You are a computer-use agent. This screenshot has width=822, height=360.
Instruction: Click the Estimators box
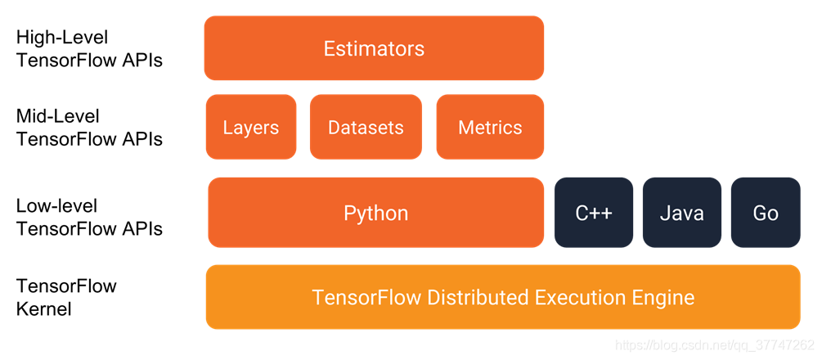tap(374, 48)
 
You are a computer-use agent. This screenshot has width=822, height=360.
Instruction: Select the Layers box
tap(250, 128)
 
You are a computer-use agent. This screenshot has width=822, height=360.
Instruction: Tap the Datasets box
tap(366, 128)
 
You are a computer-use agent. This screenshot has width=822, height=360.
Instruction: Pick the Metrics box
tap(490, 128)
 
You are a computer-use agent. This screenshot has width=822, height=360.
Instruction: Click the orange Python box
tap(375, 214)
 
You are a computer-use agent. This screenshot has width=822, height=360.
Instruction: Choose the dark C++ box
tap(594, 214)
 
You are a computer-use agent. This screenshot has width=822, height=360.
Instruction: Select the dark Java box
tap(681, 214)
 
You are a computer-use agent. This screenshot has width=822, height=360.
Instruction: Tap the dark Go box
tap(766, 214)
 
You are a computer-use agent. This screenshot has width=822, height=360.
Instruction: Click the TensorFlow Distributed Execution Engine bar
tap(503, 297)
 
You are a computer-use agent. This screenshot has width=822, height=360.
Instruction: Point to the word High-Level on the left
tap(62, 38)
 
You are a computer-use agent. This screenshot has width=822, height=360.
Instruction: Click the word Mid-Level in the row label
tap(58, 116)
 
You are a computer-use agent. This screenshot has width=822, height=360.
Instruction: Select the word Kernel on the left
tap(44, 309)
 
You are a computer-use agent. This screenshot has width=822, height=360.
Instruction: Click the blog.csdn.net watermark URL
tap(714, 345)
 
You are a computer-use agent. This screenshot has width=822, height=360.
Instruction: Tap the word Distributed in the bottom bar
tap(478, 297)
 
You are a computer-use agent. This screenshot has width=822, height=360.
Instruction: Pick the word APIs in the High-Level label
tap(141, 60)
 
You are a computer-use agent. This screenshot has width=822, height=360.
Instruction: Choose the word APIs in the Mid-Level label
tap(141, 139)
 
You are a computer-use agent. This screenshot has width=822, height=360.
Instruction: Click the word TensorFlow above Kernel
tap(66, 286)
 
